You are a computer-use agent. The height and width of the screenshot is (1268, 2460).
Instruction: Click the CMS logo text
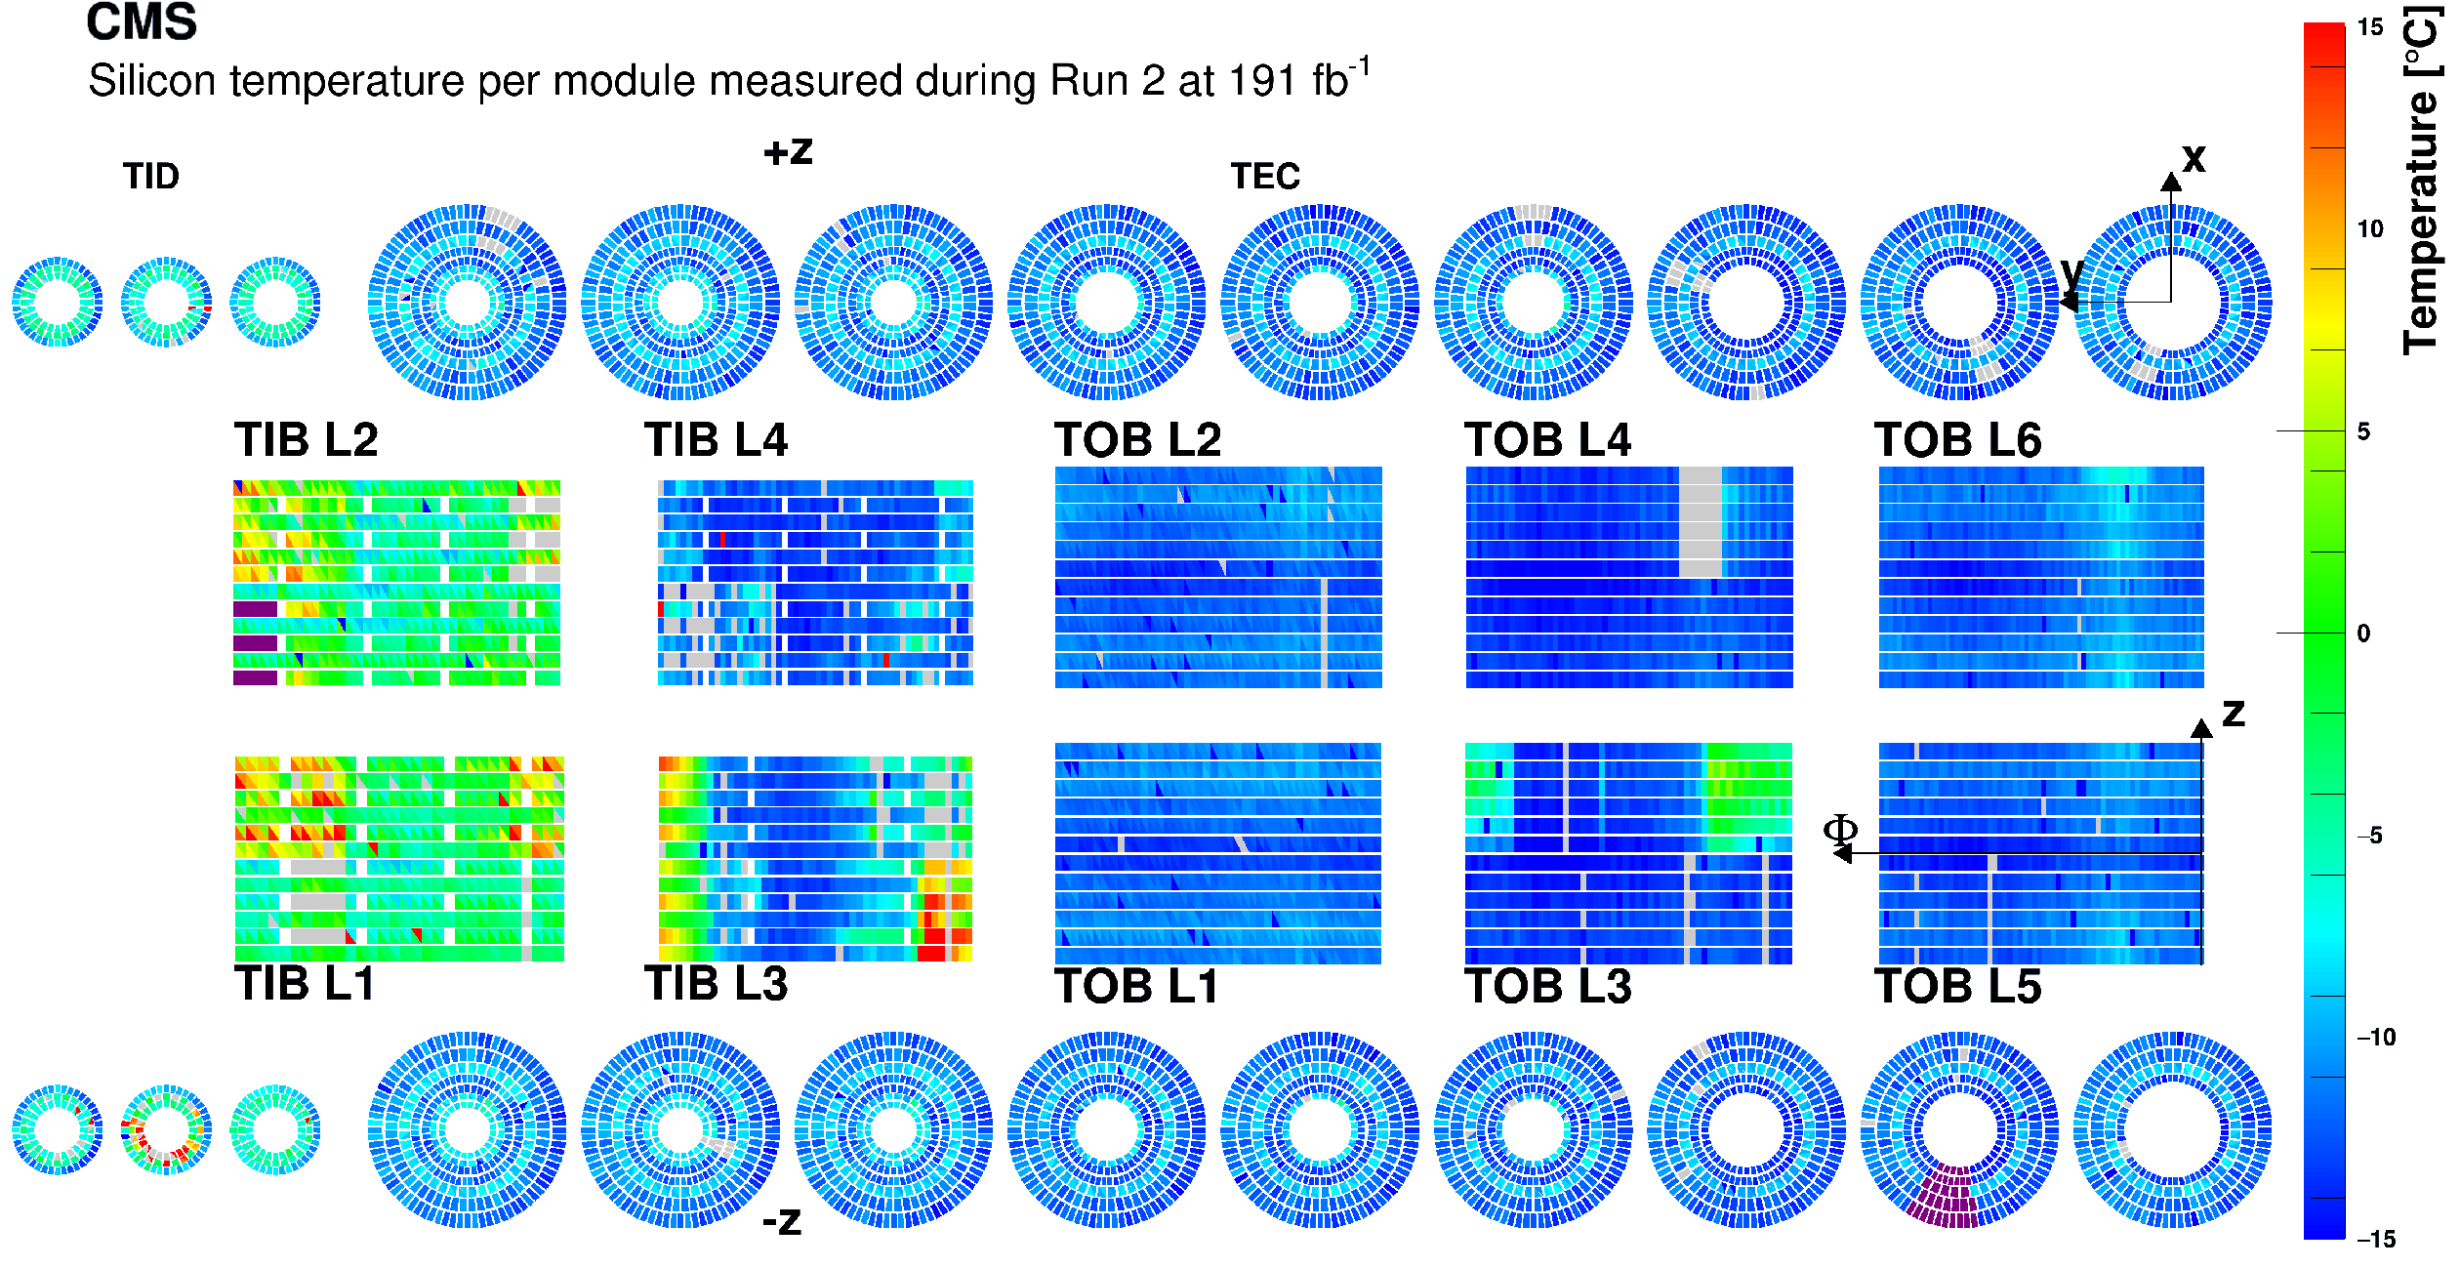[142, 21]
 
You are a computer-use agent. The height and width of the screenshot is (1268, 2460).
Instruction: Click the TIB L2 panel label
[306, 440]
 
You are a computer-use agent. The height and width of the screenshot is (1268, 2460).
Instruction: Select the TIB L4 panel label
[716, 440]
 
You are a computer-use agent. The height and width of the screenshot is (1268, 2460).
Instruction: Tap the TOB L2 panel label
[1137, 440]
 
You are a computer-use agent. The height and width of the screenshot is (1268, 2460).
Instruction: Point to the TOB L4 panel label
[1547, 440]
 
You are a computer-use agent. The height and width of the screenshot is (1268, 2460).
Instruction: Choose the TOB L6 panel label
[1957, 440]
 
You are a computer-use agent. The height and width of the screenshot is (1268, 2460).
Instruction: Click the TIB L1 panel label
[305, 983]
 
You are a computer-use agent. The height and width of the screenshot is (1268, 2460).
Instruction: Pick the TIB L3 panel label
[716, 983]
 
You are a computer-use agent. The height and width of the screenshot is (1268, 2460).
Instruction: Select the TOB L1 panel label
[1137, 986]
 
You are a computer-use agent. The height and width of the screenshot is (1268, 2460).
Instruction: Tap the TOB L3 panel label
[1547, 986]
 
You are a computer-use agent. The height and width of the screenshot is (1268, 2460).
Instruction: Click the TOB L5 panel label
[1957, 986]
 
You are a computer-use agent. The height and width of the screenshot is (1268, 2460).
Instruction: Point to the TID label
[151, 177]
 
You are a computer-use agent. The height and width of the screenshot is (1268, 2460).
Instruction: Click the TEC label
[1265, 177]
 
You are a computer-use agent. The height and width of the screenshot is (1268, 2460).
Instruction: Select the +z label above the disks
[788, 151]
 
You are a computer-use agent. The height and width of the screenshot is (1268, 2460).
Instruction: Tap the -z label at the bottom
[782, 1221]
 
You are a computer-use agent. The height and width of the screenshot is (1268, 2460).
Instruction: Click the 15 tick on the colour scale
[2370, 27]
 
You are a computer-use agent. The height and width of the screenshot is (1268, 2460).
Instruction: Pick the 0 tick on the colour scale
[2363, 634]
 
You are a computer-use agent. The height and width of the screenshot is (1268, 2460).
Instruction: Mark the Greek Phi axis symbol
[1840, 830]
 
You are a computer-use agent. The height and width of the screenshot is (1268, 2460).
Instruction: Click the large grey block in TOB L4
[1701, 521]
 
